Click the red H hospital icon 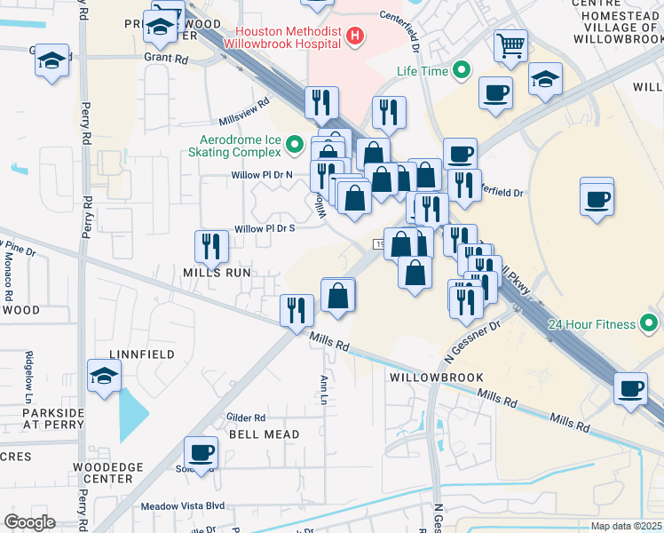[x=355, y=36]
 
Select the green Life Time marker [x=462, y=71]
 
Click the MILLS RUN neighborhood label [x=217, y=272]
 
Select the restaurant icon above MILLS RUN [x=211, y=245]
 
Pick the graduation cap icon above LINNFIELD [x=105, y=377]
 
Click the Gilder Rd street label [x=246, y=418]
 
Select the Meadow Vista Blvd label [x=184, y=507]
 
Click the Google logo [x=29, y=522]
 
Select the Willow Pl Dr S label [x=264, y=228]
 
